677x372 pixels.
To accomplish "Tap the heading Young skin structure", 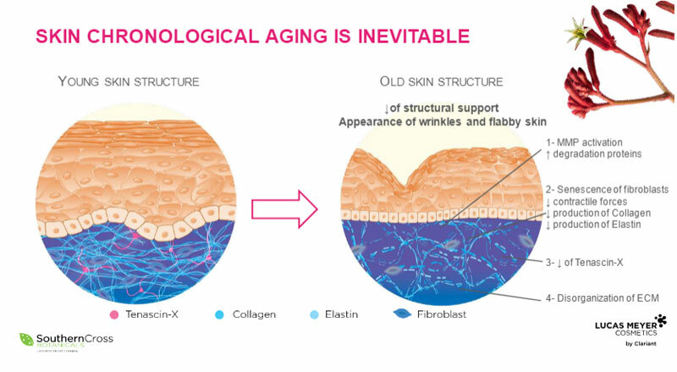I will point(128,81).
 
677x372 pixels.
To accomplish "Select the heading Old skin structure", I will point(441,81).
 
